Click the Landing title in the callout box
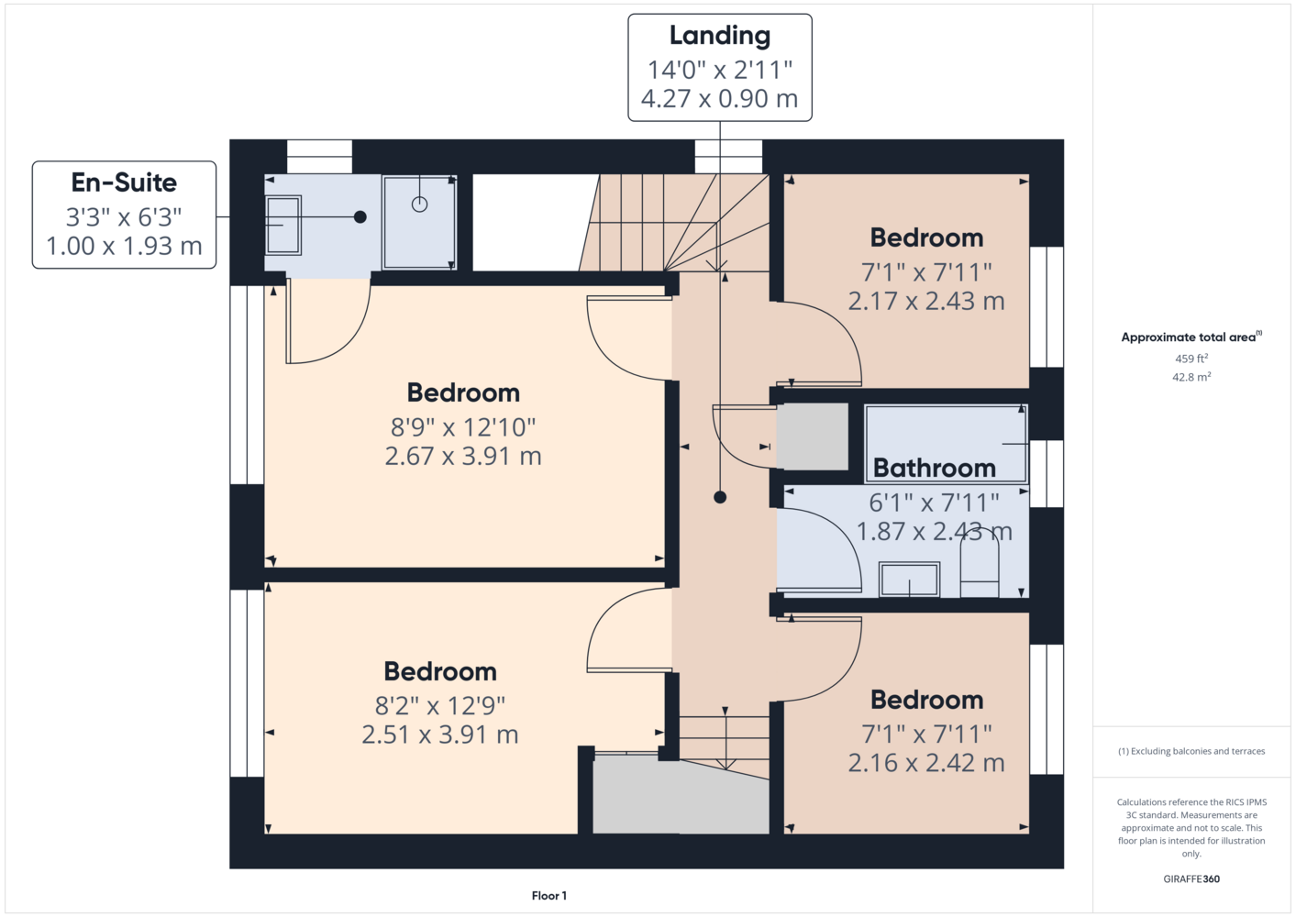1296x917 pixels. tap(720, 36)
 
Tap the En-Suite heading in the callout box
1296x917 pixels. tap(124, 182)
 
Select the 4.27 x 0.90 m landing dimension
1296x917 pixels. tap(719, 98)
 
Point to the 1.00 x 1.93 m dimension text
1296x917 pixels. tap(124, 246)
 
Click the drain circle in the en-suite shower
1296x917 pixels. tap(419, 204)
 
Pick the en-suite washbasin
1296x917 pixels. tap(282, 225)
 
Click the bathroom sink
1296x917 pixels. tap(909, 580)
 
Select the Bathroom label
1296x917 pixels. tap(935, 468)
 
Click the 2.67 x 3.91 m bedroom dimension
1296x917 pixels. tap(463, 456)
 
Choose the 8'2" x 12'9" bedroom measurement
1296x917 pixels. tap(439, 706)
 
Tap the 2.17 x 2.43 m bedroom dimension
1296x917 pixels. tap(925, 301)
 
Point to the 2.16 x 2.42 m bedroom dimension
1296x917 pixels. tap(925, 763)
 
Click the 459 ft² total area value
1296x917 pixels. tap(1191, 359)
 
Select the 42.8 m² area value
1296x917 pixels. tap(1191, 377)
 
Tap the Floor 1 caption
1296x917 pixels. tap(549, 896)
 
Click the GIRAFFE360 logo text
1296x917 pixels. tap(1191, 878)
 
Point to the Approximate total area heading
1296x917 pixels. tap(1191, 337)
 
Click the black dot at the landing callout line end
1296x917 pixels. tap(720, 497)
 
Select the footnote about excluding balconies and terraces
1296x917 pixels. tap(1191, 751)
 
